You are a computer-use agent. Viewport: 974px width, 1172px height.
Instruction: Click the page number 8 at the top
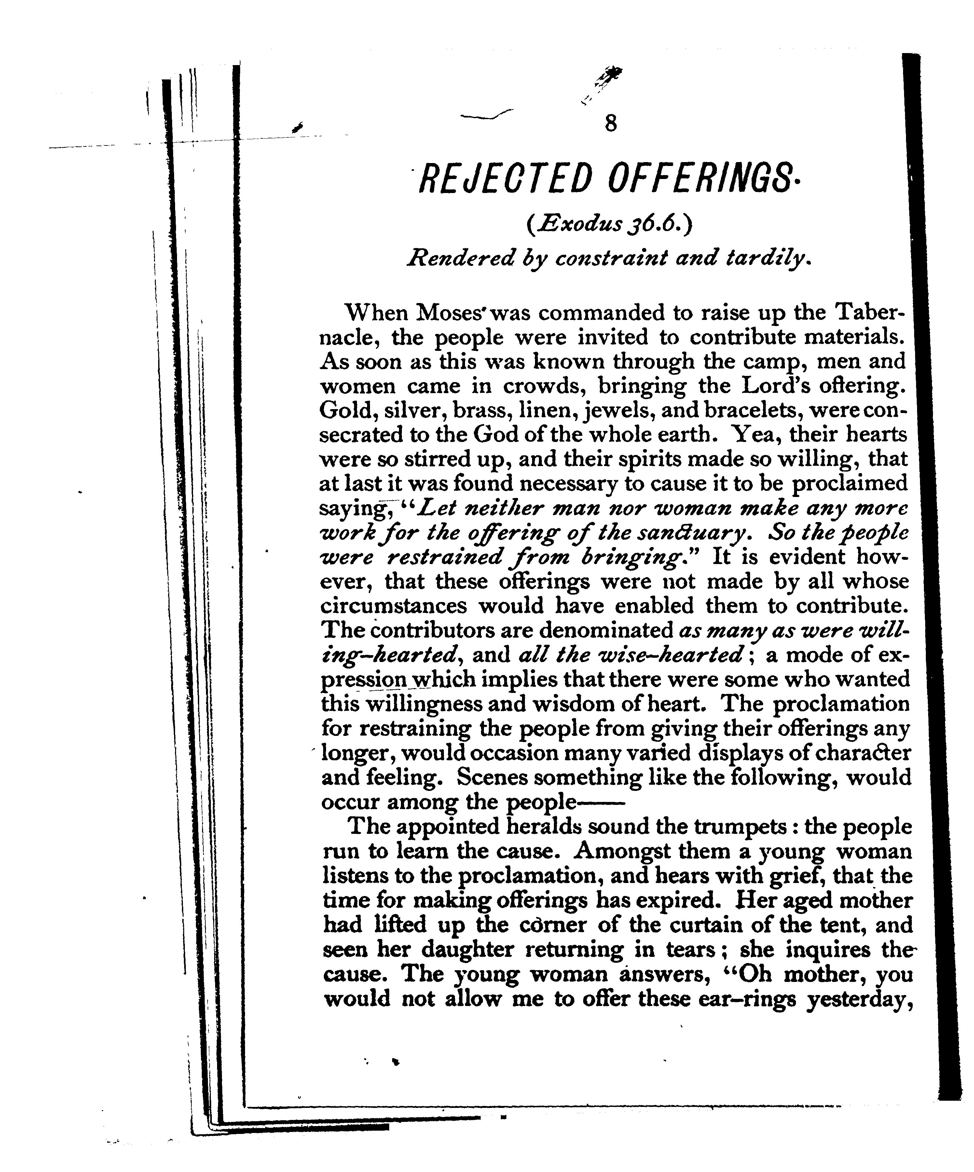(610, 123)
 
